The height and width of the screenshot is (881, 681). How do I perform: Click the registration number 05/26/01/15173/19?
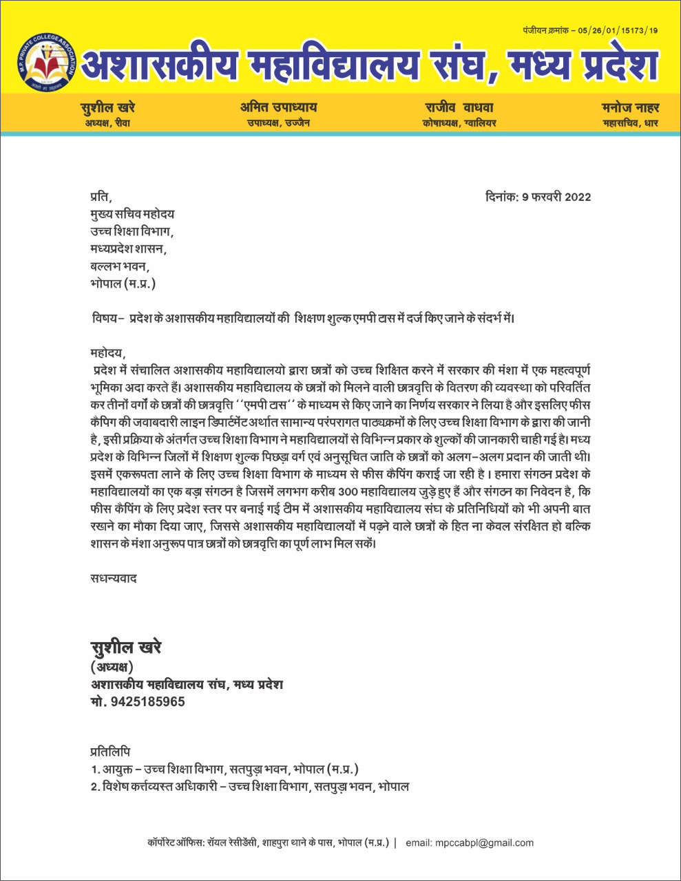(618, 31)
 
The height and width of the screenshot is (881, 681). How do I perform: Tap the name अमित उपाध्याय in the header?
(278, 107)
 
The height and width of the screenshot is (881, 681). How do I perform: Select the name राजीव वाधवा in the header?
(459, 107)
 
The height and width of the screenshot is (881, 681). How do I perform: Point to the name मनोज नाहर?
(630, 107)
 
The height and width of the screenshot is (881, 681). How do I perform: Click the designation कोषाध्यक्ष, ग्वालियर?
(459, 123)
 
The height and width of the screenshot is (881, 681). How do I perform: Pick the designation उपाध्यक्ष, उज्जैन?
(278, 123)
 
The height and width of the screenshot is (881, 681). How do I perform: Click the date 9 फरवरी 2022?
(556, 197)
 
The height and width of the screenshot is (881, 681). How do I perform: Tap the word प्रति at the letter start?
(100, 198)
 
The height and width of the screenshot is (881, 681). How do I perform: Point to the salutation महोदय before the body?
(108, 353)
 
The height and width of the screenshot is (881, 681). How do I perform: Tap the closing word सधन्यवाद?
(114, 578)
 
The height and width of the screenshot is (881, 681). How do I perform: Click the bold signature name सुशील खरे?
(126, 648)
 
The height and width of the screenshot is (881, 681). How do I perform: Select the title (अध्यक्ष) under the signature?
(112, 667)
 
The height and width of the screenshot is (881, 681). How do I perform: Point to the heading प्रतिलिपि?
(110, 752)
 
